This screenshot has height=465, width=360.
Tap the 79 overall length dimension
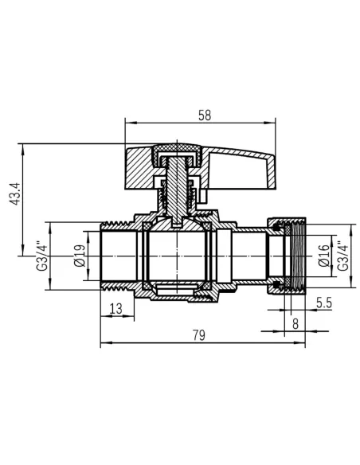(x=198, y=335)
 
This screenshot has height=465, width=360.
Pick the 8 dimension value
(x=295, y=324)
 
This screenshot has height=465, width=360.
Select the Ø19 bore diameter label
(x=79, y=256)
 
